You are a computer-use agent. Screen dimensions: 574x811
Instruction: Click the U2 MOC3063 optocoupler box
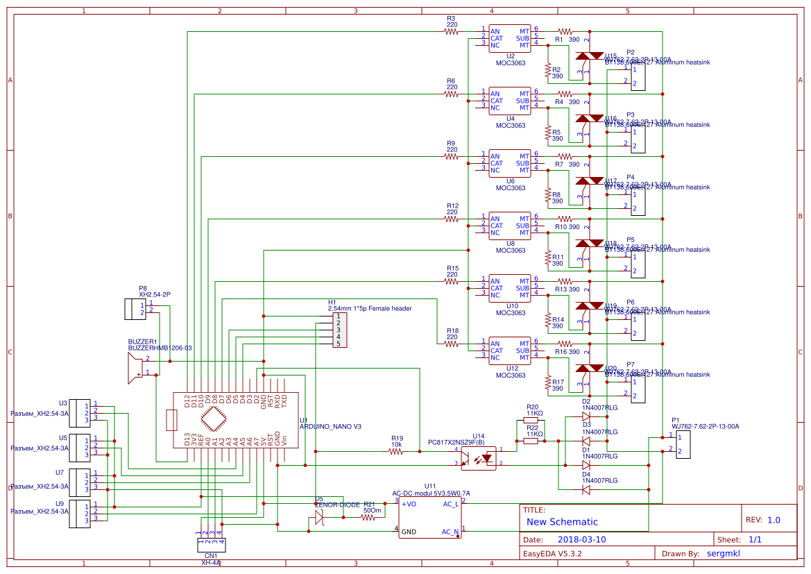click(510, 38)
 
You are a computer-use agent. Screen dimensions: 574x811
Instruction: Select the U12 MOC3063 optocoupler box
click(510, 351)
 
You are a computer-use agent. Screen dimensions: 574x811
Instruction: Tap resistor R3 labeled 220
click(452, 32)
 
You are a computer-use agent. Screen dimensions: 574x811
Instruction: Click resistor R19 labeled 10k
click(396, 451)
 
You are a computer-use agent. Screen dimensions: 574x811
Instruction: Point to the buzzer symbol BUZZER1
click(133, 367)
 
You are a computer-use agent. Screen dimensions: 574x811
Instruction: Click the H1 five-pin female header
click(339, 330)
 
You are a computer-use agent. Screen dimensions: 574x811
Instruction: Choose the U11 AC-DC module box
click(430, 517)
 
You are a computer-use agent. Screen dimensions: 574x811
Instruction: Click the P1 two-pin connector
click(683, 444)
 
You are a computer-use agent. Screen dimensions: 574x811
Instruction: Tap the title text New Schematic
click(562, 522)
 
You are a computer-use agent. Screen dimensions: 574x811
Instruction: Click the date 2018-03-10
click(581, 539)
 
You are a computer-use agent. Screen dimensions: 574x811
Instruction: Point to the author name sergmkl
click(723, 553)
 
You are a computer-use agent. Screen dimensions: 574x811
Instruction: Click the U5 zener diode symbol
click(319, 517)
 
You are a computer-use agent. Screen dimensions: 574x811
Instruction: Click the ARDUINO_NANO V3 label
click(330, 427)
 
